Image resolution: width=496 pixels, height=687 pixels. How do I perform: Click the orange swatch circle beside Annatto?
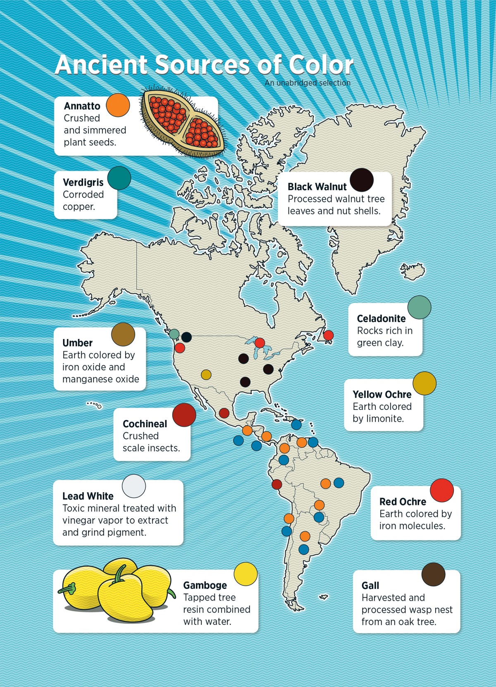(118, 105)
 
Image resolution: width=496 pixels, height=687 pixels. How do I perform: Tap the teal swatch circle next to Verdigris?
(119, 178)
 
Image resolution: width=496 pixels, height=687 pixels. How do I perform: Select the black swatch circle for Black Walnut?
(362, 180)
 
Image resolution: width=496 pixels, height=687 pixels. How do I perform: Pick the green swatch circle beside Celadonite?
(419, 307)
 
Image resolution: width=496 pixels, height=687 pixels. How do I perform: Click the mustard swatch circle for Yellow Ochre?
(424, 383)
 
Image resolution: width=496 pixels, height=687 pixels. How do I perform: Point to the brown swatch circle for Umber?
(123, 335)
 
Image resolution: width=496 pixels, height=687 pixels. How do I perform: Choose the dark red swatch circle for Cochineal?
(184, 415)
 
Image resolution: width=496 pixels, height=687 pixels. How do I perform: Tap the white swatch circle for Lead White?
(134, 486)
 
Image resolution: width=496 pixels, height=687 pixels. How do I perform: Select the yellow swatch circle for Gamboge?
(246, 574)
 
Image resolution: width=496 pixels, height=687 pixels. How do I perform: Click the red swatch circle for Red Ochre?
(442, 491)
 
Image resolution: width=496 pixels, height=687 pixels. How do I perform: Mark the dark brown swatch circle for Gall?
(433, 574)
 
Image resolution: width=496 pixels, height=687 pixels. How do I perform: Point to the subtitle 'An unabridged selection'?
(308, 83)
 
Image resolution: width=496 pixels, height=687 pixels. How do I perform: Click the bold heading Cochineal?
(145, 424)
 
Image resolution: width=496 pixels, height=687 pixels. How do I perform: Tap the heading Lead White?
(88, 496)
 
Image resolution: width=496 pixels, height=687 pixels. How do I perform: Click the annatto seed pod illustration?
(183, 122)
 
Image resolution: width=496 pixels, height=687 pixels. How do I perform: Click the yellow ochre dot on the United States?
(206, 375)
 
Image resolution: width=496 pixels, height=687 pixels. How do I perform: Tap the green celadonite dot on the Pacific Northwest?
(174, 334)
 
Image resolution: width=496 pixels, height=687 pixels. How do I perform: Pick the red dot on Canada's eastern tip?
(328, 335)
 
